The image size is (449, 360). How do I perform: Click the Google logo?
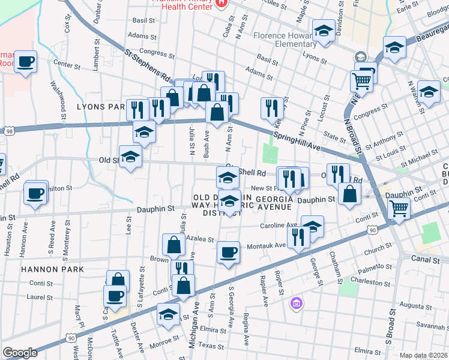pyautogui.click(x=20, y=353)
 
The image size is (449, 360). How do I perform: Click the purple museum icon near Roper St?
pyautogui.click(x=295, y=304)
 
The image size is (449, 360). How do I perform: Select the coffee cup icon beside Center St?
pyautogui.click(x=26, y=62)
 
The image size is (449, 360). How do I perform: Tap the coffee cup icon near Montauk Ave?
pyautogui.click(x=228, y=253)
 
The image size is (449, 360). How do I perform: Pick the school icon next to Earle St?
pyautogui.click(x=395, y=47)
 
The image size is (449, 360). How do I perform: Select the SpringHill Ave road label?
pyautogui.click(x=295, y=139)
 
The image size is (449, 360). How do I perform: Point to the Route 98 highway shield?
pyautogui.click(x=8, y=130)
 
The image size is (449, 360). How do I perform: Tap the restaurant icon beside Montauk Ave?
pyautogui.click(x=298, y=237)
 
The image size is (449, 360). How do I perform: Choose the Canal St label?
pyautogui.click(x=427, y=260)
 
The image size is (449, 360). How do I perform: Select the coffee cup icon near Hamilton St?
pyautogui.click(x=35, y=194)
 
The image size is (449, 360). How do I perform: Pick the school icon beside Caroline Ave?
pyautogui.click(x=312, y=226)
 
